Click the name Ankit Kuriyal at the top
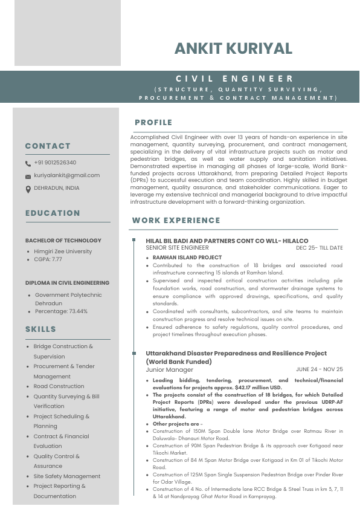pos(233,49)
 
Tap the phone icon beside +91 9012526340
pos(28,163)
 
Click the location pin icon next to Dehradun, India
pos(28,189)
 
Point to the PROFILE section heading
pos(153,122)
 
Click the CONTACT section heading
pos(48,146)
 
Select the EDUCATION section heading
pos(53,213)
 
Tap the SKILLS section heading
pos(40,329)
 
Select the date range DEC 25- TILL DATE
pos(319,248)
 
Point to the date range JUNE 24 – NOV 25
pos(319,369)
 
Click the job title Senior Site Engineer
pos(177,248)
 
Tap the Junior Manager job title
pos(169,369)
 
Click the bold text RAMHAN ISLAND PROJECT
pos(178,258)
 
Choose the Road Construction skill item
pos(59,386)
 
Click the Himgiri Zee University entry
pos(63,251)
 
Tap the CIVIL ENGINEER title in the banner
pos(235,79)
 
